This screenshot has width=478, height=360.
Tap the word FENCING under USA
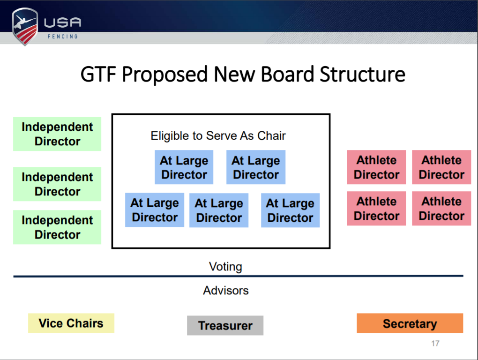point(63,37)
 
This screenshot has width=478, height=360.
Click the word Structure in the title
point(362,75)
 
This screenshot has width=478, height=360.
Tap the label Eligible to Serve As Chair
point(218,136)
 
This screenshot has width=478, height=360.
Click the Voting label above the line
point(225,267)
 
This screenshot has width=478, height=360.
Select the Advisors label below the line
point(226,291)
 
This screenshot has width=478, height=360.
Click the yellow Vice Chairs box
point(71,323)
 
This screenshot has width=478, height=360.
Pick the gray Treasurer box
point(225,325)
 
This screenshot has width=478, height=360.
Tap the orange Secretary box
point(410,323)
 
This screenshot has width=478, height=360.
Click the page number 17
point(435,344)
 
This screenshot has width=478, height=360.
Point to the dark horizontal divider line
point(238,277)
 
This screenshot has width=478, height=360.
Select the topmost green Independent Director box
point(57,134)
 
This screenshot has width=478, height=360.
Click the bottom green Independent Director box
point(57,227)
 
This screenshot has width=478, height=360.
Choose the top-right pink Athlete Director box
point(441,167)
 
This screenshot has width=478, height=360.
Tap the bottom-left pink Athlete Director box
point(376,209)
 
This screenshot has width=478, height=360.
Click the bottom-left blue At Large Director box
point(155,210)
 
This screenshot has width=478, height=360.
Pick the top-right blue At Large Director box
point(256,167)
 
